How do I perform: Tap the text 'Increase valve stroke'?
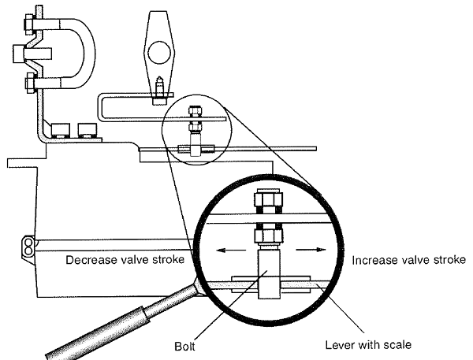(x=409, y=259)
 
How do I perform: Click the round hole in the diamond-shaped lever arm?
(x=157, y=56)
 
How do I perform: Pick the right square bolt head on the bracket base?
(x=84, y=128)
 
